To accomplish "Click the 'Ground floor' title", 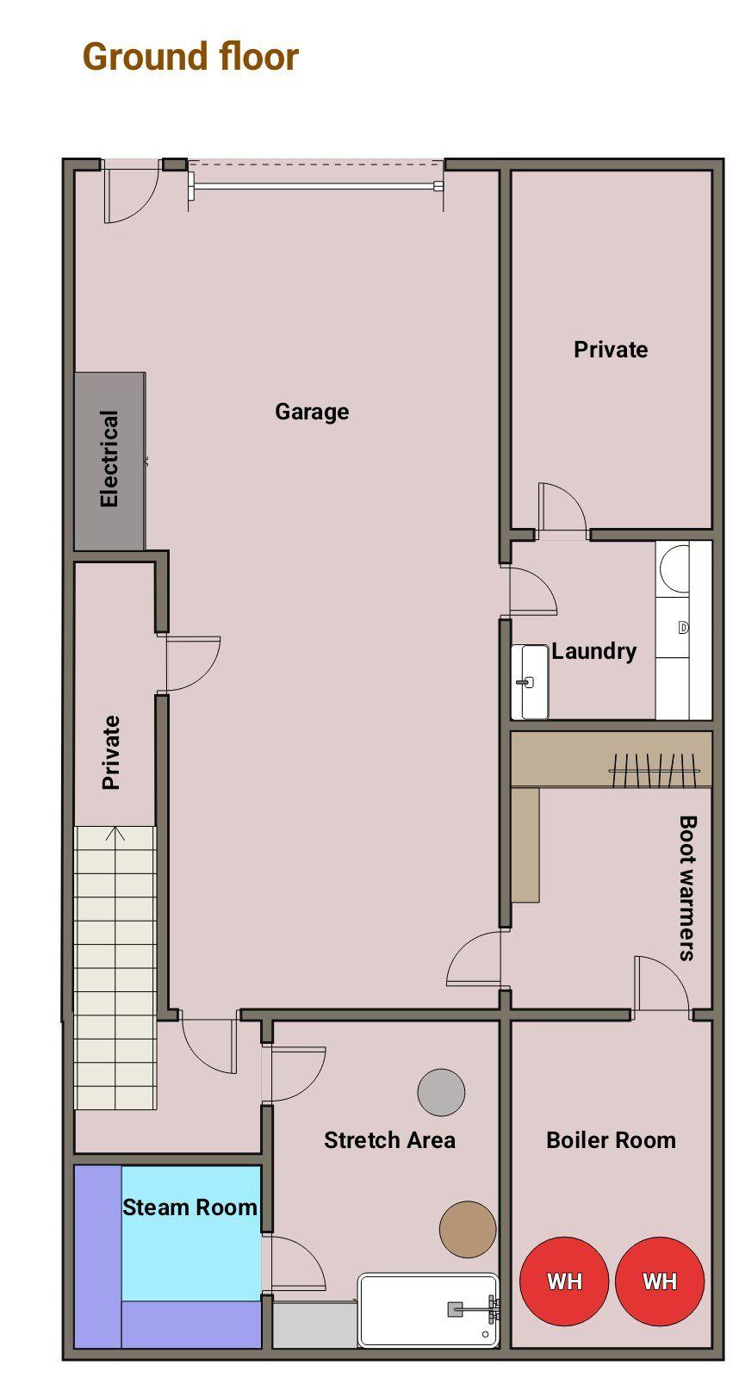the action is click(x=191, y=57).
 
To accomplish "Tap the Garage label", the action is click(x=312, y=413).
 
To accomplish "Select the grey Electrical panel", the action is click(x=110, y=461).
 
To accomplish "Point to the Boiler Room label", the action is click(x=612, y=1140).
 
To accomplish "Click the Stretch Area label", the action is click(x=389, y=1140).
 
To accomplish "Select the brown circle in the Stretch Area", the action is click(x=468, y=1229).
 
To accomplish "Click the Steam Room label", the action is click(x=189, y=1207).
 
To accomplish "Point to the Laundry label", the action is click(x=594, y=651).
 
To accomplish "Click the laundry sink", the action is click(x=529, y=681).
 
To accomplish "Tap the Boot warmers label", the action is click(x=687, y=888).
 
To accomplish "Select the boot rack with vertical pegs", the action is click(x=655, y=770).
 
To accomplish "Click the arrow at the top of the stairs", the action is click(x=115, y=834).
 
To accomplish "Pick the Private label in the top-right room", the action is click(x=611, y=350).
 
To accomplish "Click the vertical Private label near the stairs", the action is click(x=111, y=752).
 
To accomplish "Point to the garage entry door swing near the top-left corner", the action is click(x=131, y=191).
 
